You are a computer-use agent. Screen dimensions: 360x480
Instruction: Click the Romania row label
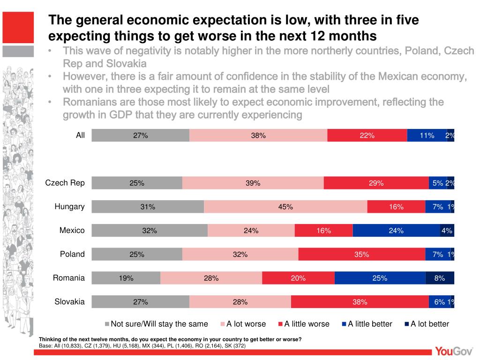click(69, 278)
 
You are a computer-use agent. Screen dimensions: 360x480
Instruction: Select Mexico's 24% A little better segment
click(396, 231)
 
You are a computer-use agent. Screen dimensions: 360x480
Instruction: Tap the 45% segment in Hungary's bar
click(285, 207)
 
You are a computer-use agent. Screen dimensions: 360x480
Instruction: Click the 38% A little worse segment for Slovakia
click(360, 302)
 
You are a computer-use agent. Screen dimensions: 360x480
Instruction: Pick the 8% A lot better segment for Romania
click(440, 278)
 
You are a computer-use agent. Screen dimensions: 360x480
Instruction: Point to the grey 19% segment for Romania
click(126, 278)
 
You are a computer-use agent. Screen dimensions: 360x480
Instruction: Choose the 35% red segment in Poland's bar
click(362, 255)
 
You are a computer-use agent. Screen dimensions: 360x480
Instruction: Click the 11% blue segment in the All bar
click(427, 135)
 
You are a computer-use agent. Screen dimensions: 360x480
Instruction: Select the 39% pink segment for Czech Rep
click(253, 183)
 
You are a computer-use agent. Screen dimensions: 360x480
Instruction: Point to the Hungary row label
click(69, 207)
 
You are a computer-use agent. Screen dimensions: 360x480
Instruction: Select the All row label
click(81, 135)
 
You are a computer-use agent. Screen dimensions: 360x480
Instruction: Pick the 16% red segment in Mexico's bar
click(323, 231)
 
